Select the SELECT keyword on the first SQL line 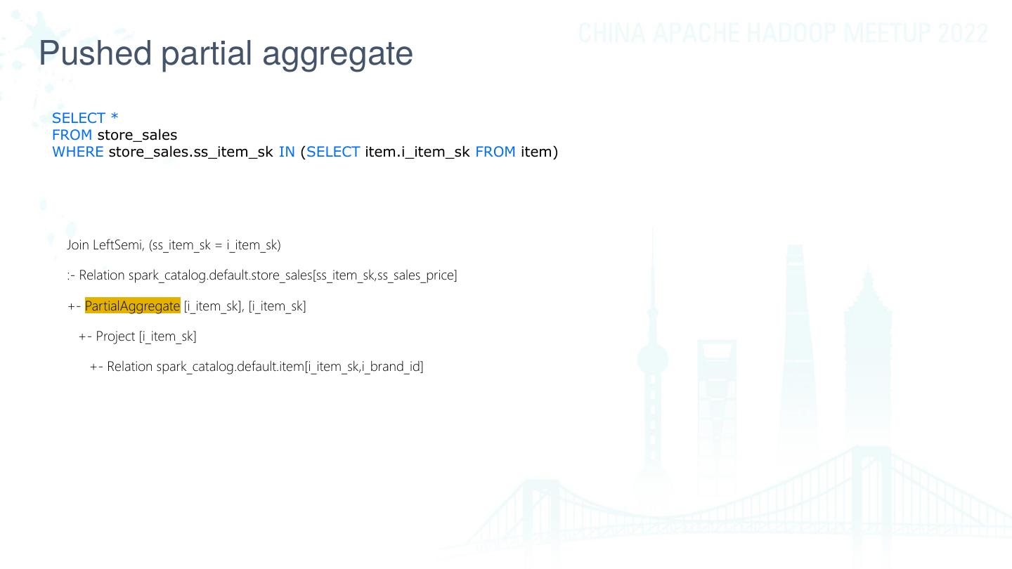click(x=79, y=118)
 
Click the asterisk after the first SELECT click(x=115, y=118)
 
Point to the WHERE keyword click(x=77, y=152)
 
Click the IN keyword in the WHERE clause click(x=287, y=152)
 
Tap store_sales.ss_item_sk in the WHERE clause click(x=190, y=152)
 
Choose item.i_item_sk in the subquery click(x=417, y=152)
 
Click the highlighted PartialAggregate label click(x=132, y=306)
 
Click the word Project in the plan click(x=115, y=336)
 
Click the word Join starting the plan click(x=78, y=245)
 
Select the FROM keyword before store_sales click(x=72, y=135)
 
